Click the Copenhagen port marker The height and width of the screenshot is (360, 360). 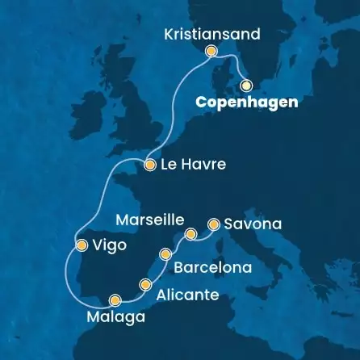[x=246, y=83]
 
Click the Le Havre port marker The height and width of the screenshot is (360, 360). [x=150, y=165]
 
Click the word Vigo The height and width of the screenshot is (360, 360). [x=110, y=245]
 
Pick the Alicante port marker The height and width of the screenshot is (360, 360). [x=145, y=284]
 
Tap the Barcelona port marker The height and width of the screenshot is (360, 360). [x=166, y=254]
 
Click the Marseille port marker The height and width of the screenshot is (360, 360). [x=190, y=235]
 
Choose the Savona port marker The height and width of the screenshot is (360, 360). [x=214, y=223]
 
